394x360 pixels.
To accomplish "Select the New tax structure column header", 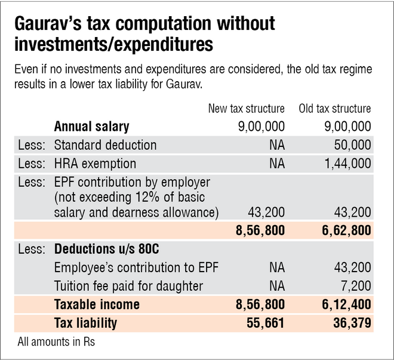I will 247,109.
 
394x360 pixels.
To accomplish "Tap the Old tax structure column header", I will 334,109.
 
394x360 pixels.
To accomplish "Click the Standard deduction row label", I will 106,145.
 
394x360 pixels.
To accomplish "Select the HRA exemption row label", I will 95,164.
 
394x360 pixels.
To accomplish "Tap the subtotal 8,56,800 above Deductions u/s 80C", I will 258,230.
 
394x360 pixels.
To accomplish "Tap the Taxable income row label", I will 97,304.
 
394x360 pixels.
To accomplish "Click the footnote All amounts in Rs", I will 52,343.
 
